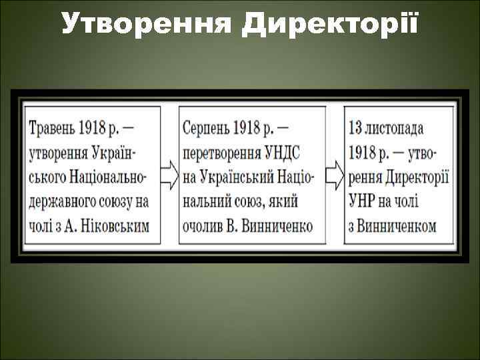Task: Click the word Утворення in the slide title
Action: pyautogui.click(x=147, y=23)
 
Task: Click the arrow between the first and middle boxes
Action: pyautogui.click(x=169, y=176)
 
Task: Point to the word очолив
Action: pyautogui.click(x=202, y=226)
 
